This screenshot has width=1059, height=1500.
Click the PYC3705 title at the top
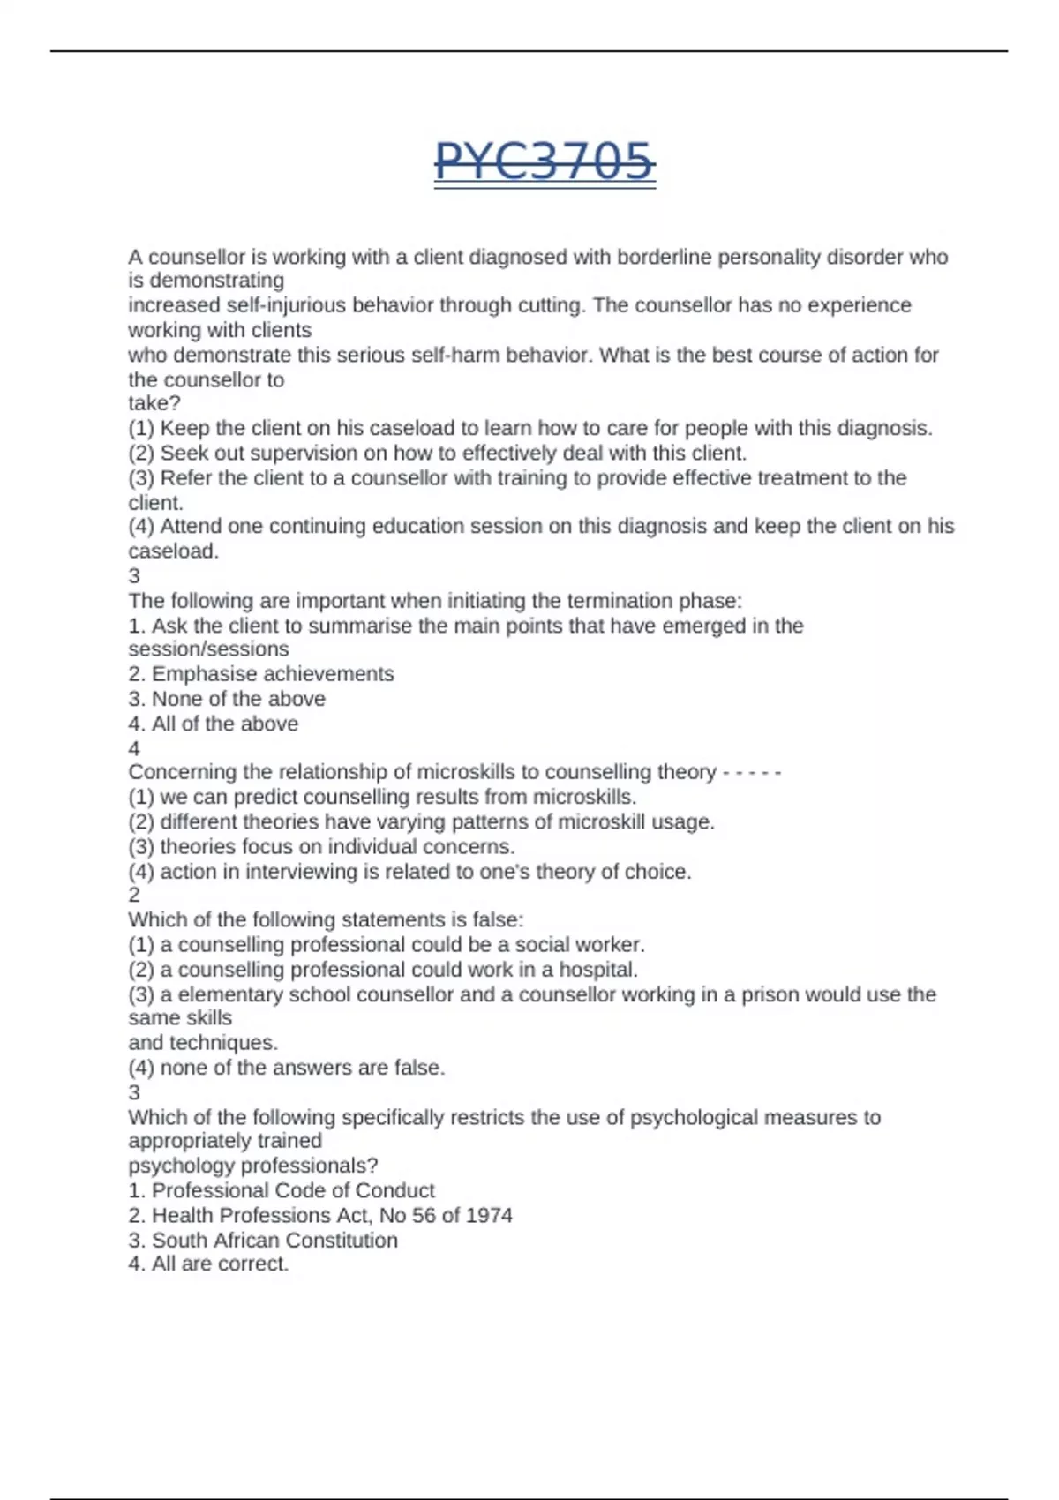tap(545, 162)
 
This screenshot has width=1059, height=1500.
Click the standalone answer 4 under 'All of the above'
tap(134, 748)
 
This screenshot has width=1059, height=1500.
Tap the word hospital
tap(601, 970)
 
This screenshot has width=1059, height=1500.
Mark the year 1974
tap(488, 1216)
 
